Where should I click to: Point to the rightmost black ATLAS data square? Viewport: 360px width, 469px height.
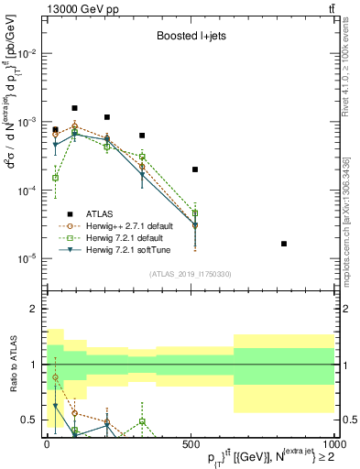[284, 244]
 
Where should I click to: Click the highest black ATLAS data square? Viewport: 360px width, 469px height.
[75, 108]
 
